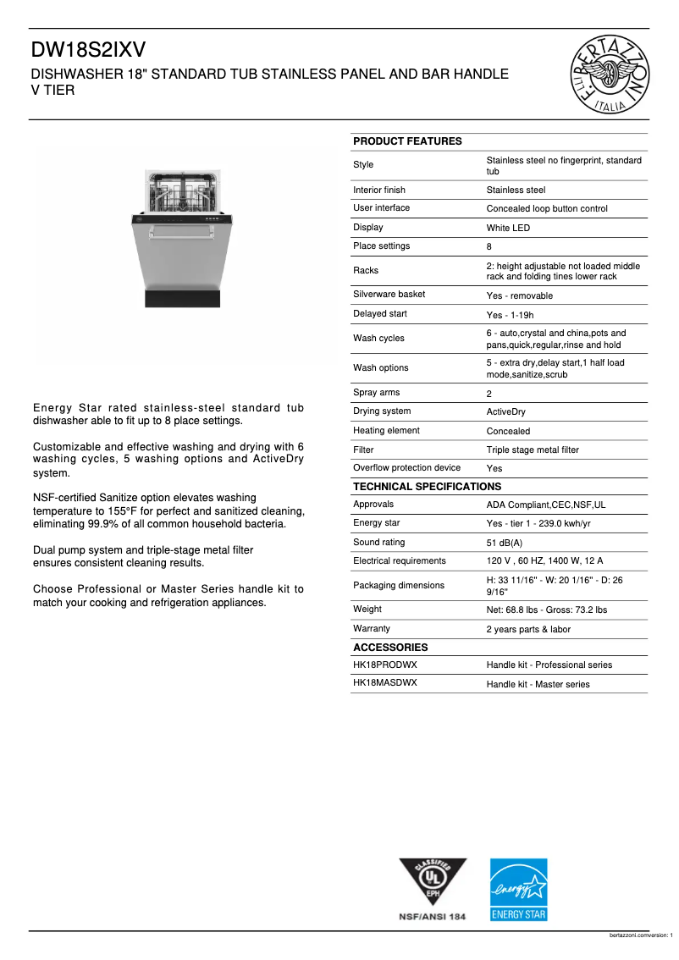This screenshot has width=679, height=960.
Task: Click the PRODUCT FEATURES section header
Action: coord(407,141)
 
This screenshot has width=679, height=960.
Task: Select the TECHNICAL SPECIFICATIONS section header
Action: coord(427,487)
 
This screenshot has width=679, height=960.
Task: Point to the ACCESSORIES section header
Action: coord(390,648)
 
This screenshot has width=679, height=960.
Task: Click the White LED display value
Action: coord(508,229)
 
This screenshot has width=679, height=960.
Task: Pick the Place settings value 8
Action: coord(489,247)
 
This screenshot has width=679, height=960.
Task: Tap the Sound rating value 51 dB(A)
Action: coord(505,543)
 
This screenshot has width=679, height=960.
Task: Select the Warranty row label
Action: coord(372,629)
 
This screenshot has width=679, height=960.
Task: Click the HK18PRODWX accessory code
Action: coord(385,665)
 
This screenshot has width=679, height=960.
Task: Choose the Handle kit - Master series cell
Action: coord(538,685)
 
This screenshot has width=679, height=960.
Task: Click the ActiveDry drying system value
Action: coord(505,412)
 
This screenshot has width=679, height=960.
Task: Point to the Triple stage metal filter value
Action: coord(533,450)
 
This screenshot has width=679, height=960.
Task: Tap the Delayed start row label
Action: coord(380,314)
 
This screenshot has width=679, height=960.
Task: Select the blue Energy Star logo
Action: coord(519,890)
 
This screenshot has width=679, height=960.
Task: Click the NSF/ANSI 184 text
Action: coord(433,917)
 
